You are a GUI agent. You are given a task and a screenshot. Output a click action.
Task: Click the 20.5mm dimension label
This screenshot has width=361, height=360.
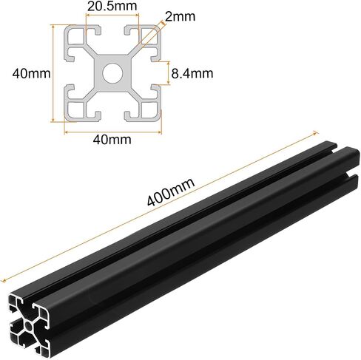112,6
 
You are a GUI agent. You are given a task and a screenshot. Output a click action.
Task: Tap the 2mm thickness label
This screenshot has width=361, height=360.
180,16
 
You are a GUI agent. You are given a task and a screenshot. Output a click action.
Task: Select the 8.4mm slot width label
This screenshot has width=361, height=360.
192,73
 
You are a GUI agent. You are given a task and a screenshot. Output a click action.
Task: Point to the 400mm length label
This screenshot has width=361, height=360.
171,192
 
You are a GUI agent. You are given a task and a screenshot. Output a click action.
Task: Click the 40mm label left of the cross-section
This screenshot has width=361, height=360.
31,73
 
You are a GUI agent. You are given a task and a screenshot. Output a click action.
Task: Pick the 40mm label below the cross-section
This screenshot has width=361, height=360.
112,140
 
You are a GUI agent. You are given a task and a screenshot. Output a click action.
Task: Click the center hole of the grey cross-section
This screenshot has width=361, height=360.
112,73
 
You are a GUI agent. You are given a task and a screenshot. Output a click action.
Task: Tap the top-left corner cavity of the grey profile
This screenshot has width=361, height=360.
76,36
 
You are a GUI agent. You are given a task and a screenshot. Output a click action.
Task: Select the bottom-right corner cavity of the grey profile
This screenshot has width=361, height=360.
149,110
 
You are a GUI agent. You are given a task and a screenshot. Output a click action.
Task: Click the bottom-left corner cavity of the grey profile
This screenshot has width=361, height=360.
76,110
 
